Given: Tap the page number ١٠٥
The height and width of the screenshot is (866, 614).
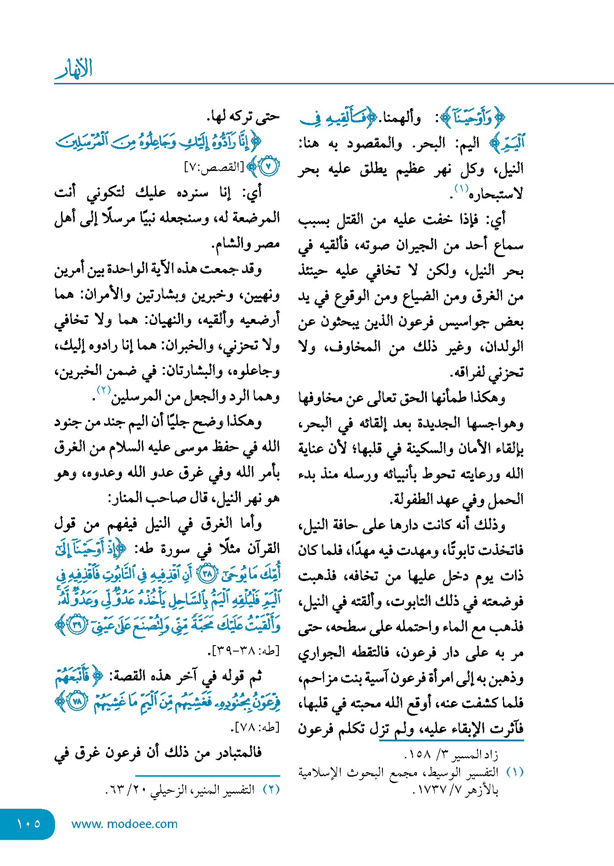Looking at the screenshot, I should [28, 823].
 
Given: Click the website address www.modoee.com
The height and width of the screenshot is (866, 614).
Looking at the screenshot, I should [124, 824].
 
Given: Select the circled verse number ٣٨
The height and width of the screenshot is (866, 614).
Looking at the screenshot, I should [209, 575].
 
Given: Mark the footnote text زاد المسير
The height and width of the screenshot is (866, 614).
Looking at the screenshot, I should [475, 754].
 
